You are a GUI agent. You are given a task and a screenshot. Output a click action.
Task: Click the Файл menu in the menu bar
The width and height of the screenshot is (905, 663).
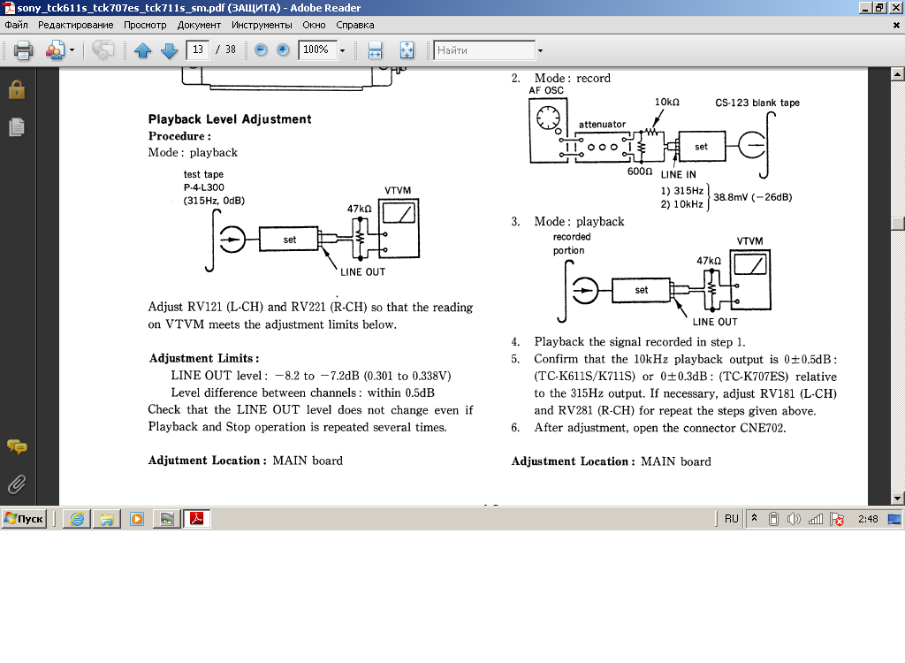click(16, 25)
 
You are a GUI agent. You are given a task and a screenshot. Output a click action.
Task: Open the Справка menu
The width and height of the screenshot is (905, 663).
click(355, 25)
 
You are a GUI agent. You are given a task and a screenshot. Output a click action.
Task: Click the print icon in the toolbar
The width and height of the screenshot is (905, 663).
click(23, 50)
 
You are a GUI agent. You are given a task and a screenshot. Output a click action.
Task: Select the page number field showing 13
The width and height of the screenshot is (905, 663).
click(198, 50)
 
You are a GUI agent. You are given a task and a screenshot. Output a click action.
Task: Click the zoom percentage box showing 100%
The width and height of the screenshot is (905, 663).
click(316, 50)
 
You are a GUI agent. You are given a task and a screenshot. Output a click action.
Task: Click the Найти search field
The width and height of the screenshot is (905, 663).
click(484, 50)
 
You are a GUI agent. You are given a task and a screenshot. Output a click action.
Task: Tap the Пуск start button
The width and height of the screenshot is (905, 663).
click(24, 519)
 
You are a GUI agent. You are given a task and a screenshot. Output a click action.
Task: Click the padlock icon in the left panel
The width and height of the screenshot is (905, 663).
click(16, 89)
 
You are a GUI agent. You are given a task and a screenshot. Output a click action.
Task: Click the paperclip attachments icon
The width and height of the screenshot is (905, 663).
click(16, 484)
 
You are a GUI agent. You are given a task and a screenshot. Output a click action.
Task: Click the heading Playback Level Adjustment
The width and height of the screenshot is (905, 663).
click(230, 119)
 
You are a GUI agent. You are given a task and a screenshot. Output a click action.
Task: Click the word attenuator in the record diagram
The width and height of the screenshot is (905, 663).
click(602, 125)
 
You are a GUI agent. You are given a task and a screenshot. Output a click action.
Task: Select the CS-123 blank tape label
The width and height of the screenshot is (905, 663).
click(757, 103)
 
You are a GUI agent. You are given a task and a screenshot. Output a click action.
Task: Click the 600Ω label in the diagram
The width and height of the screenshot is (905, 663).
click(639, 171)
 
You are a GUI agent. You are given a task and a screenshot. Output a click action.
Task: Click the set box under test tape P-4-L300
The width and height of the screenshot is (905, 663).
click(289, 240)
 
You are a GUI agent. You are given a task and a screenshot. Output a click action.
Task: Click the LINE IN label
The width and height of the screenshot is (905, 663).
click(678, 174)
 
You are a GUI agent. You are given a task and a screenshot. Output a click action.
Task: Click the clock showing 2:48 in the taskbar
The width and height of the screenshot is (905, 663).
click(867, 519)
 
